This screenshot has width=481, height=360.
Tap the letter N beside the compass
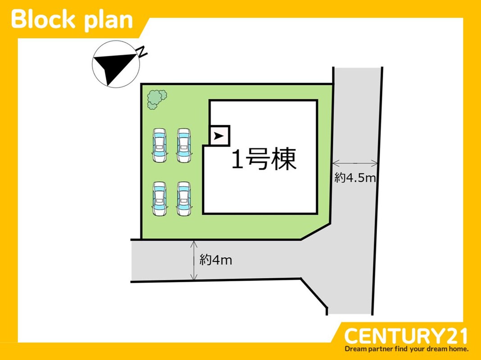click(142, 52)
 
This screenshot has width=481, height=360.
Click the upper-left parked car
click(159, 145)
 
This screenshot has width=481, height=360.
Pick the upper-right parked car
click(183, 145)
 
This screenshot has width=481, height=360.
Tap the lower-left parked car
click(159, 198)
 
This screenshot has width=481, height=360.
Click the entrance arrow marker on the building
click(219, 135)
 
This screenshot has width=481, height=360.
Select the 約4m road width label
click(216, 260)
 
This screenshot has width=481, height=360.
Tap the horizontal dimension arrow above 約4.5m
click(355, 163)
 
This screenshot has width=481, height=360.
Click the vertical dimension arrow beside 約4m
click(194, 261)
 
